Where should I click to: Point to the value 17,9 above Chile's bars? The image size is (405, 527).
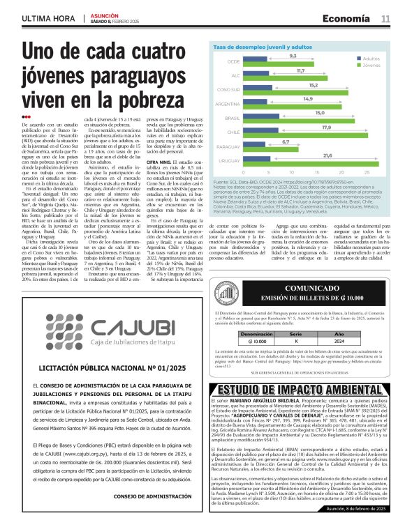(x=307, y=127)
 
